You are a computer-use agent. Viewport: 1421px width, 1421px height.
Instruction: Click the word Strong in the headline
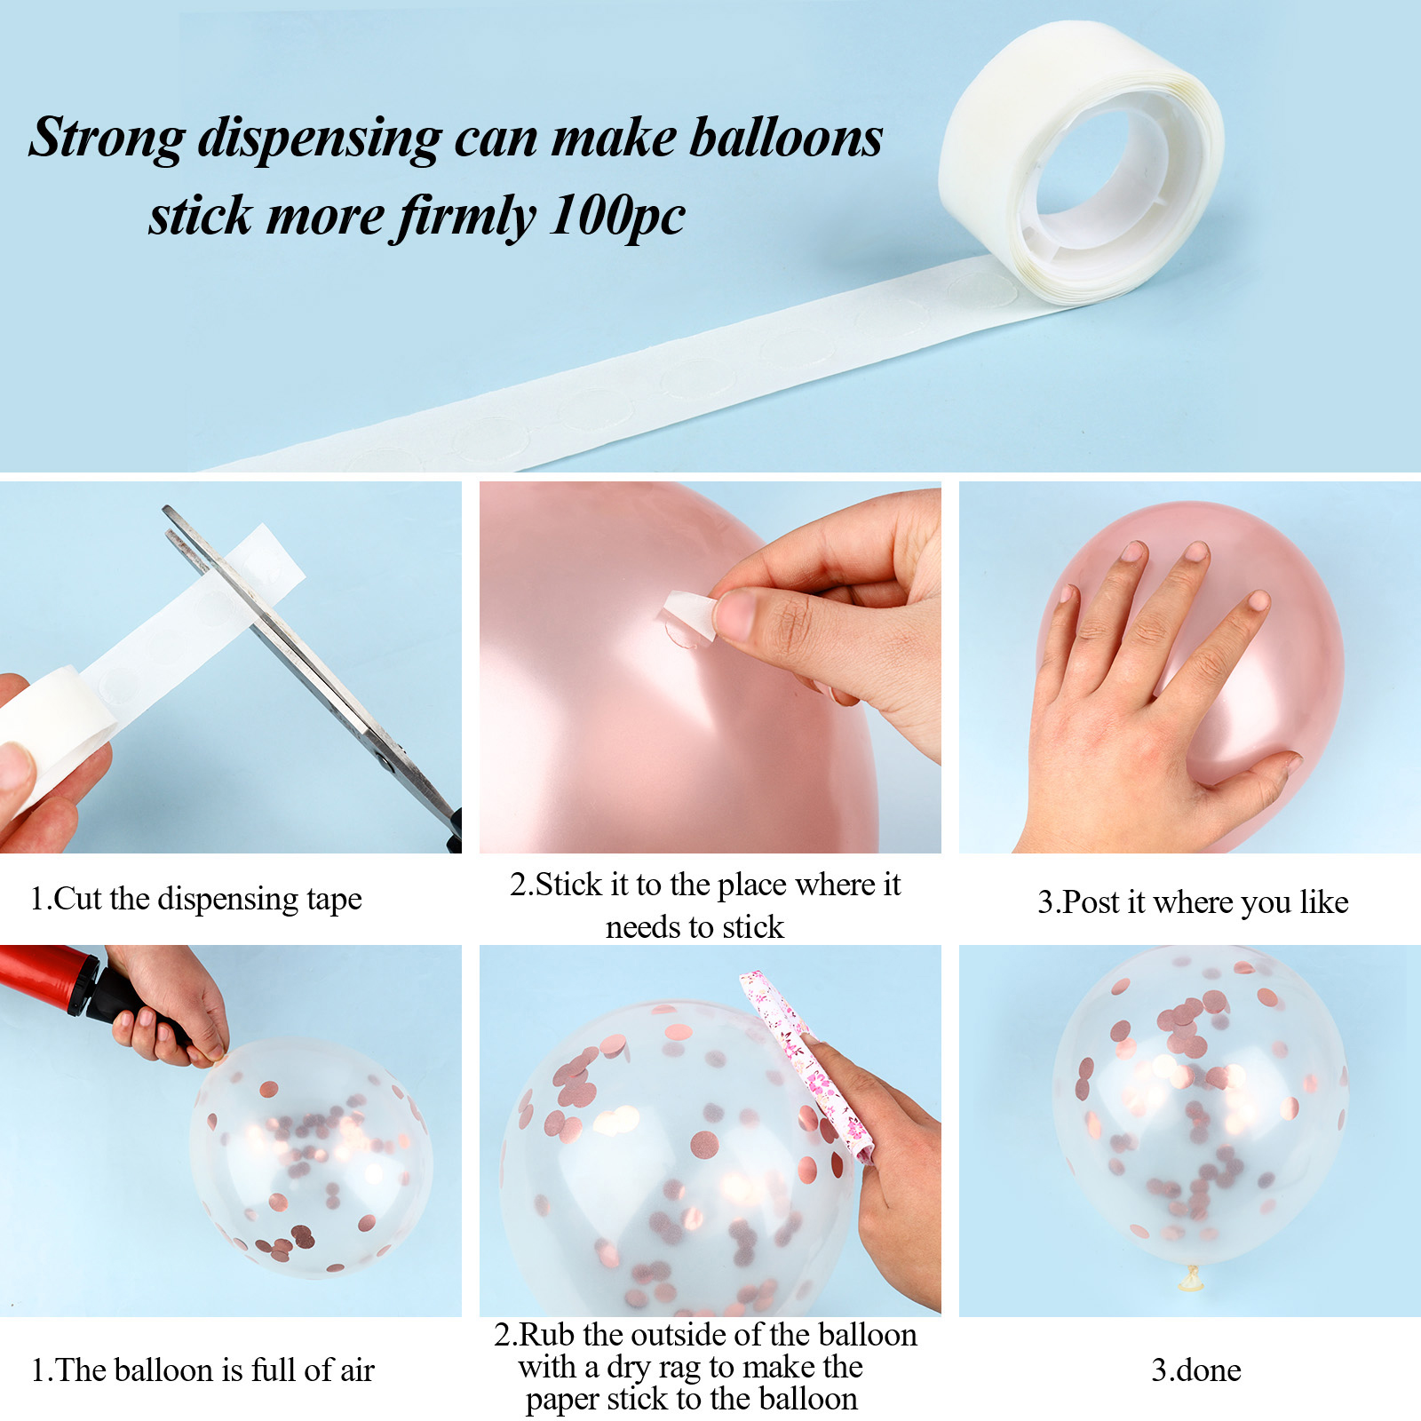107,139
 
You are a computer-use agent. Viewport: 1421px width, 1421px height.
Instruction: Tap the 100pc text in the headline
617,217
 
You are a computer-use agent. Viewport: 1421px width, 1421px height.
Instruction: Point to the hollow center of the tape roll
1094,169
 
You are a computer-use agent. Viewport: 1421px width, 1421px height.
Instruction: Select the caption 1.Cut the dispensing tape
196,899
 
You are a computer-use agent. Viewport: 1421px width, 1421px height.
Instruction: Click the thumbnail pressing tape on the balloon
737,614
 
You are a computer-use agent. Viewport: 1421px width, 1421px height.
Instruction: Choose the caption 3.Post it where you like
1193,902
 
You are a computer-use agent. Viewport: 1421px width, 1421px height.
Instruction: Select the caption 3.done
1196,1370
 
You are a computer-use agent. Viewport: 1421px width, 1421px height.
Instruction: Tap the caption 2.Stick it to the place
705,885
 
